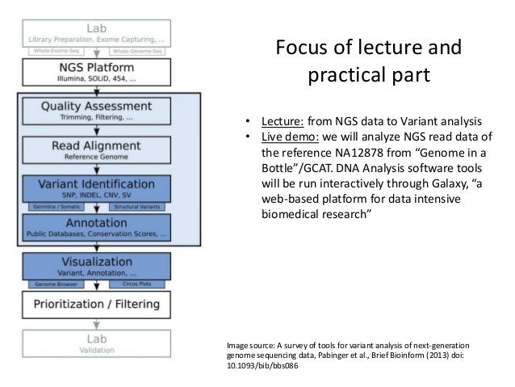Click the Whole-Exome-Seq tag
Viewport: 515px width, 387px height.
(59, 51)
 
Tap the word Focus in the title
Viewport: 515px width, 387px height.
(304, 50)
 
